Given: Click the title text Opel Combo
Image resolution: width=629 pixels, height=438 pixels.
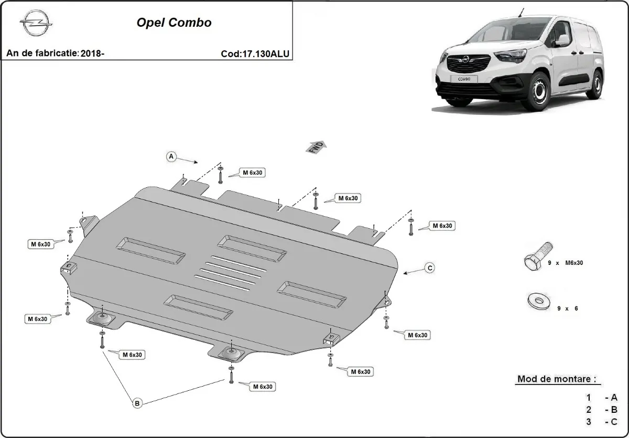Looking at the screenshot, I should [x=174, y=23].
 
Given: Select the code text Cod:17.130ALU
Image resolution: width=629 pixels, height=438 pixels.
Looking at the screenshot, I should [x=255, y=54].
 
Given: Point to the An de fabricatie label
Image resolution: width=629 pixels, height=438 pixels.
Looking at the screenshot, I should [x=42, y=54].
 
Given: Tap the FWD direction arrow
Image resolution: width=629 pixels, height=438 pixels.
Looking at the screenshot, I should [x=316, y=147].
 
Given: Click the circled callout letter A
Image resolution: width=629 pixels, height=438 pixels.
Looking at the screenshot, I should [x=171, y=156].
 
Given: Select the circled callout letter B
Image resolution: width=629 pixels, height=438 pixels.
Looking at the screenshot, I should [x=137, y=403].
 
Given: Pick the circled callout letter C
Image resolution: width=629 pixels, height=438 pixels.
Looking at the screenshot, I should [x=429, y=268].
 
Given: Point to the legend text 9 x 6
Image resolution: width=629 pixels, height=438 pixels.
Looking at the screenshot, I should [x=567, y=308].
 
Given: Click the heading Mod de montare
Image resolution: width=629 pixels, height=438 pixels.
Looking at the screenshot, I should [x=557, y=379].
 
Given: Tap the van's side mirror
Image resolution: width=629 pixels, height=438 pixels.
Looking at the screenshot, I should [x=561, y=40].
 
